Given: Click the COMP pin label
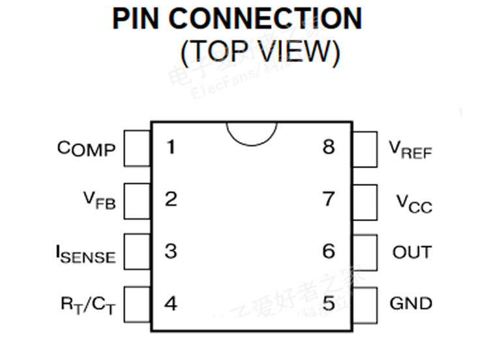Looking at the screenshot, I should [86, 149].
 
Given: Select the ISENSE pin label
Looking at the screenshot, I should [85, 252].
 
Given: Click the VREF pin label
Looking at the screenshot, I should [411, 150].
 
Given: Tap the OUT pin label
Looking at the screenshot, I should [412, 252].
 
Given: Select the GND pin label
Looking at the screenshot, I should [411, 303].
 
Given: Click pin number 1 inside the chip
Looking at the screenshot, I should [170, 147].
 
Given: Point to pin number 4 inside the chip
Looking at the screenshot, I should [171, 303].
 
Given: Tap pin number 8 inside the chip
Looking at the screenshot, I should [329, 147].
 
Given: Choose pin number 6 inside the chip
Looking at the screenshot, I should [329, 251].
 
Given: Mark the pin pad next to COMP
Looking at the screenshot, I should [137, 149].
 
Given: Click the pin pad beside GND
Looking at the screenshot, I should [365, 304].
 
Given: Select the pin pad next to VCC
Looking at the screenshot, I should [365, 201].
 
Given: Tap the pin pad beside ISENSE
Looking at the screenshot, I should [137, 252].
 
